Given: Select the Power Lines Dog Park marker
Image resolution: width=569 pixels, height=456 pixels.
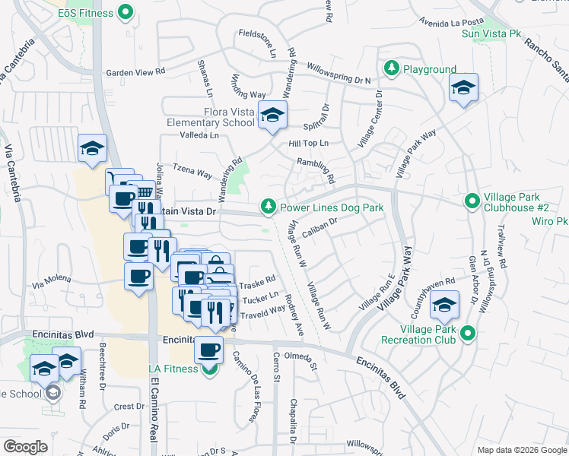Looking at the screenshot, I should (x=268, y=207).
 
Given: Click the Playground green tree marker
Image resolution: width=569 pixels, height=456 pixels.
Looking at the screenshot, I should (x=392, y=69).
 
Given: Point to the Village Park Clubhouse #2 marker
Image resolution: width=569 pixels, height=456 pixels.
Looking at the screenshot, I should (x=472, y=201).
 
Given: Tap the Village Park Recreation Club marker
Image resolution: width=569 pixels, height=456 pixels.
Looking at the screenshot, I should (x=468, y=333).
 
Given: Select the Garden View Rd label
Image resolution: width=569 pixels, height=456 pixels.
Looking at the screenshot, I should (x=135, y=73).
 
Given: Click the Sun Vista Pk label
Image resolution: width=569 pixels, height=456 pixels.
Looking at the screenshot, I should (x=488, y=33).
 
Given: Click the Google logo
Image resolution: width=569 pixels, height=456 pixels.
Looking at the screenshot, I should (x=25, y=447).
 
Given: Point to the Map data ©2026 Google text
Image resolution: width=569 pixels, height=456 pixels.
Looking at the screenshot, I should (x=521, y=450).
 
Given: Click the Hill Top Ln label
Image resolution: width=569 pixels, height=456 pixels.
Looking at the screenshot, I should (x=308, y=143).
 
